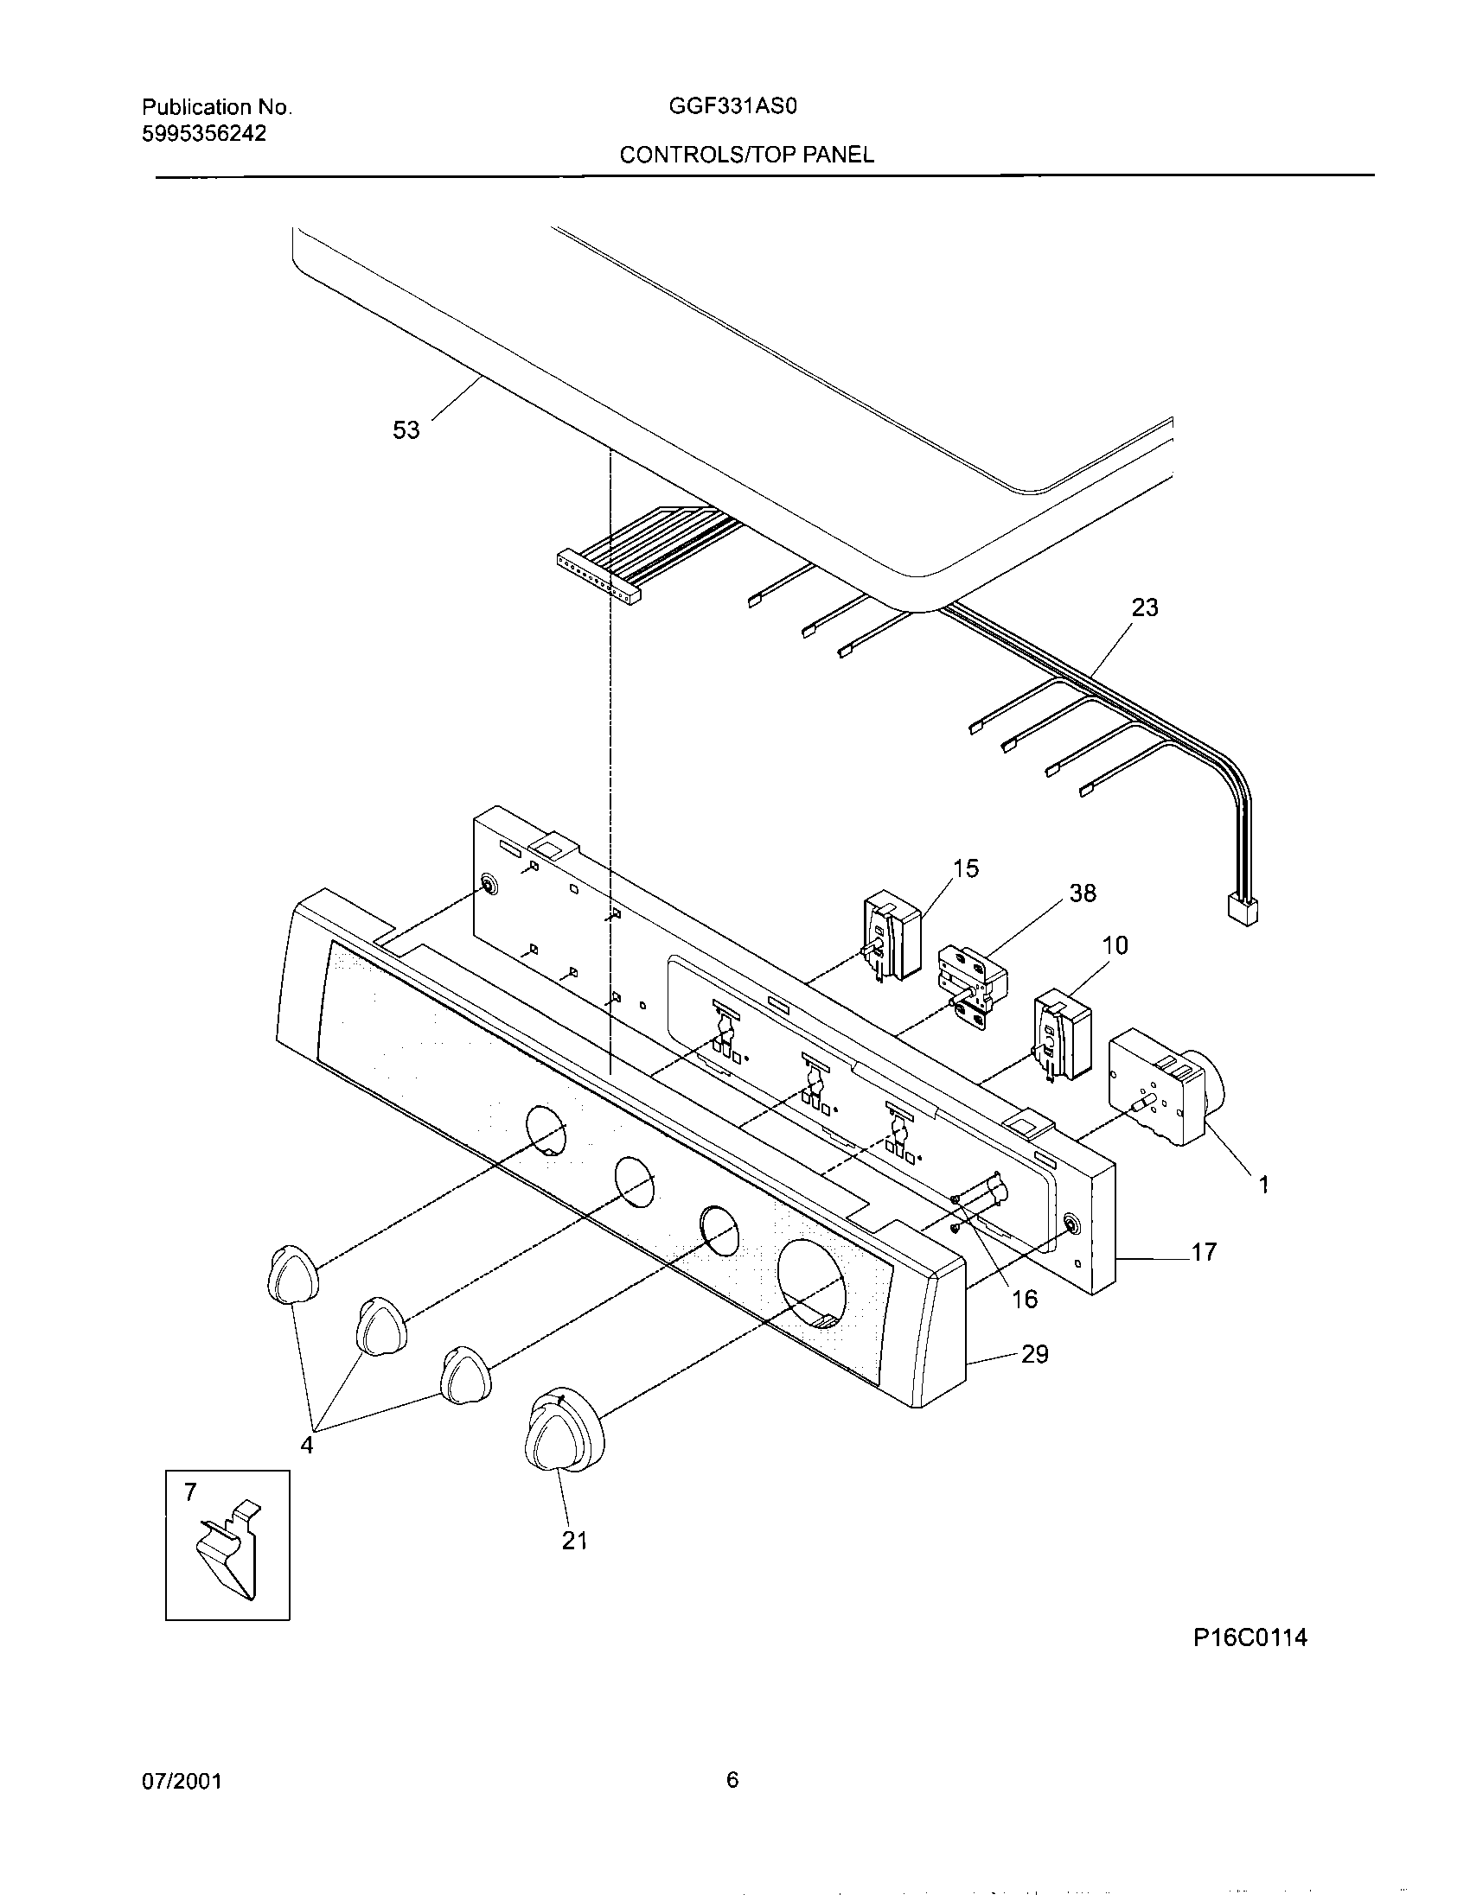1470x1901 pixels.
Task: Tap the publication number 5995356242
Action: (x=204, y=133)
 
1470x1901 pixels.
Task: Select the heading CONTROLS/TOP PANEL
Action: (x=746, y=155)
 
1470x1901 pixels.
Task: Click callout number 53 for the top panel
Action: (x=406, y=430)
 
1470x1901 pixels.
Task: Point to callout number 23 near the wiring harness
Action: (x=1144, y=607)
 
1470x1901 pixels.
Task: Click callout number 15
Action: (x=966, y=868)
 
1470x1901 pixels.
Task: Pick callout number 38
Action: (x=1082, y=893)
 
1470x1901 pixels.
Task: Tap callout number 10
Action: (x=1115, y=945)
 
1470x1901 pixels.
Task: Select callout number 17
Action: (x=1203, y=1253)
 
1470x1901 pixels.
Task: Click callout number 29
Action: (x=1034, y=1354)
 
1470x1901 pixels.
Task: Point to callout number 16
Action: (x=1025, y=1300)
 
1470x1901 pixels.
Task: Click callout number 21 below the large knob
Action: (x=574, y=1542)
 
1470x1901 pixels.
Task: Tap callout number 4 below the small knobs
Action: (x=307, y=1445)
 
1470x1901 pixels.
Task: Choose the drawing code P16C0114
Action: (x=1249, y=1638)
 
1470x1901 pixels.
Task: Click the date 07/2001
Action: (x=181, y=1782)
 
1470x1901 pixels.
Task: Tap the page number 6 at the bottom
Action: (x=732, y=1781)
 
